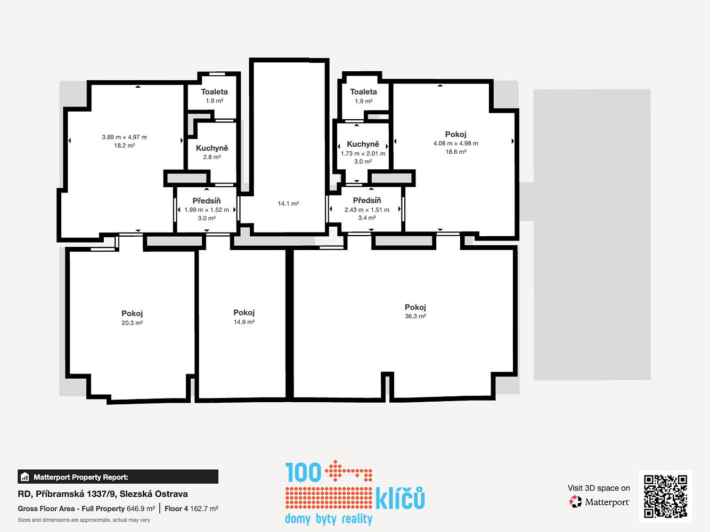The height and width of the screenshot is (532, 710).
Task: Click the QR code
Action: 665,496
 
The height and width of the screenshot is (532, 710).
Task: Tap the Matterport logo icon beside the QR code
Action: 575,502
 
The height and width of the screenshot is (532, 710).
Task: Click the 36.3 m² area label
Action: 415,316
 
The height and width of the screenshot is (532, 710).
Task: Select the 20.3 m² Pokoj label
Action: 132,313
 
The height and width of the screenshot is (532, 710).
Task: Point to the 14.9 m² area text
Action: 244,322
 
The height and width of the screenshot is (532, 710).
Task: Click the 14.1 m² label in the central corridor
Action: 288,204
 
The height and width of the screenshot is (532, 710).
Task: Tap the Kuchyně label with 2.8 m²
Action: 212,148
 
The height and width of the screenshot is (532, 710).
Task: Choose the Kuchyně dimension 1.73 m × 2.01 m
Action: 363,153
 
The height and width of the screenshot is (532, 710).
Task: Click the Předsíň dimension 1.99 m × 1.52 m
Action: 207,210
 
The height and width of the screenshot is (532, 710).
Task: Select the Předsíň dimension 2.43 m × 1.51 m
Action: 367,210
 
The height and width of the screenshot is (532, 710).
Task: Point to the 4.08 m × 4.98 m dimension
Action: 455,143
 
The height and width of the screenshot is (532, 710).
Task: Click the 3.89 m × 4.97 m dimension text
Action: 124,137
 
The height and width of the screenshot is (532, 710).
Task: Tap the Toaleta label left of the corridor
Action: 214,92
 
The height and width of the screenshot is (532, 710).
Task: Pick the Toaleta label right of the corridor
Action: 363,92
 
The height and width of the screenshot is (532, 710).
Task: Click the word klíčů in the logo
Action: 400,498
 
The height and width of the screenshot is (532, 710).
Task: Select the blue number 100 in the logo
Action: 303,472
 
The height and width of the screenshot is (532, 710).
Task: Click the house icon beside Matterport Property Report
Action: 25,477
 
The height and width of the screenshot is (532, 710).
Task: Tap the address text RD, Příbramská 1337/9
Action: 67,494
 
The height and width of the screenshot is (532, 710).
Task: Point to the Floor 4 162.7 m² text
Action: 192,509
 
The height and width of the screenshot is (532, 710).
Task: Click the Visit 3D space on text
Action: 599,488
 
